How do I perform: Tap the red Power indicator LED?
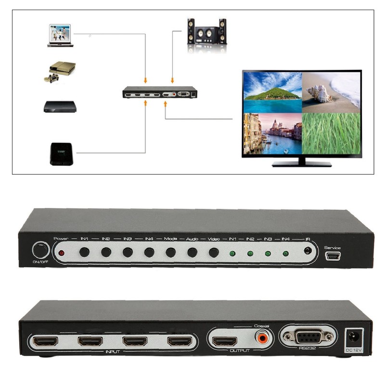point(61,253)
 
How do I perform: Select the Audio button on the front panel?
point(192,252)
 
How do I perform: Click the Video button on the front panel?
point(214,252)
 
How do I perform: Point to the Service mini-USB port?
point(333,256)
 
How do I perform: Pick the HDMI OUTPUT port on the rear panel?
point(225,341)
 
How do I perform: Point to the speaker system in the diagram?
point(206,32)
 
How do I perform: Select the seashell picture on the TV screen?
point(331,91)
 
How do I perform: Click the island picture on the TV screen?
point(272,91)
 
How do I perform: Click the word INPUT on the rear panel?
point(112,352)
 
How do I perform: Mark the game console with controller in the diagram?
point(61,70)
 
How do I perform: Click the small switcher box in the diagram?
point(160,92)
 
